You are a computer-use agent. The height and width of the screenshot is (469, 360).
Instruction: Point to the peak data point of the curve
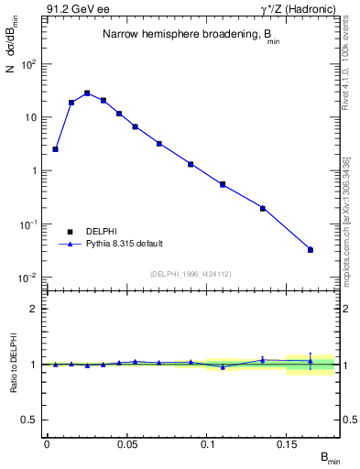coord(87,93)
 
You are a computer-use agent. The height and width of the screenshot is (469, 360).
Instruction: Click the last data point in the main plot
coord(311,249)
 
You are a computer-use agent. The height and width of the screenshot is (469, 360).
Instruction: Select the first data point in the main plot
coord(55,148)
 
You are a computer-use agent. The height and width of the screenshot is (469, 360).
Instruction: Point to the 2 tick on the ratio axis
coord(32,309)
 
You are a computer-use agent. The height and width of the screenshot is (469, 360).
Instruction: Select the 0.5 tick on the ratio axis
coord(28,420)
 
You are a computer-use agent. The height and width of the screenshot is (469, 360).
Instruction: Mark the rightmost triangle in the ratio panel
coord(311,361)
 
